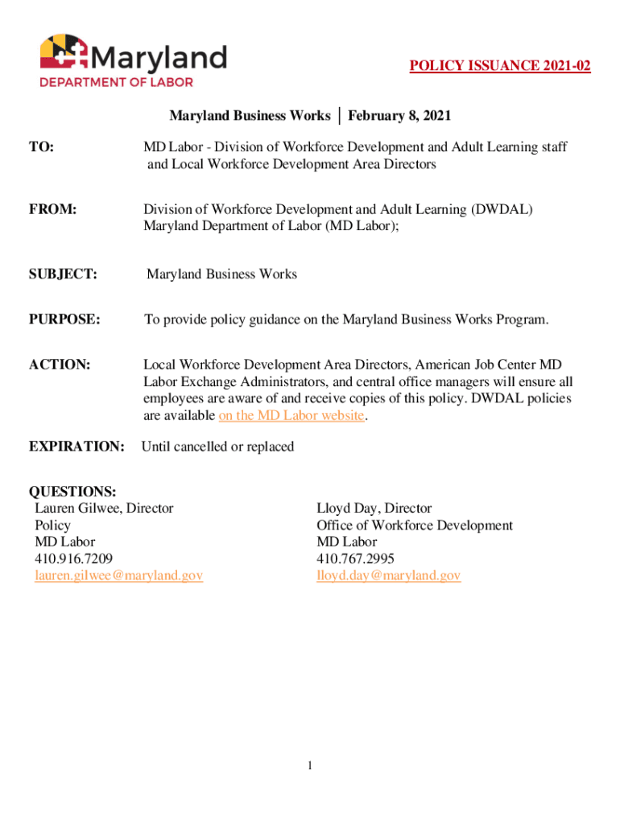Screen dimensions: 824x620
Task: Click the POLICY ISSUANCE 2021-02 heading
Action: coord(500,66)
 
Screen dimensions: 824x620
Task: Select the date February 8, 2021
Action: coord(399,116)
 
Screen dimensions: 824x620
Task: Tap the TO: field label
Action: coord(42,147)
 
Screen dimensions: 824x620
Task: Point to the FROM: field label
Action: coord(53,209)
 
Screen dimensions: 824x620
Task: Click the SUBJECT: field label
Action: coord(63,274)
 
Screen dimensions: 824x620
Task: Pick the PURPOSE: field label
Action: coord(64,319)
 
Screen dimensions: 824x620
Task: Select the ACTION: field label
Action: coord(59,365)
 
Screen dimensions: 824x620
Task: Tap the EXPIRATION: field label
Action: coord(76,446)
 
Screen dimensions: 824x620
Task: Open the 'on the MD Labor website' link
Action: coord(291,416)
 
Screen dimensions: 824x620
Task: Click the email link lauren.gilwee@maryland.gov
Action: coord(118,575)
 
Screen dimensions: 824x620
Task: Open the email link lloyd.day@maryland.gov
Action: coord(388,575)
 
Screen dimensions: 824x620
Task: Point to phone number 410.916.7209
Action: coord(73,558)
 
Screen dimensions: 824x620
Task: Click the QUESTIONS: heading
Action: coord(72,492)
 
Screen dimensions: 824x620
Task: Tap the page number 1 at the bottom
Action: coord(309,765)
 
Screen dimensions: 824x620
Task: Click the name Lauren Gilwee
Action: coord(76,509)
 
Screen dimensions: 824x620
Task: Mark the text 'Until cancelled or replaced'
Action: coord(217,446)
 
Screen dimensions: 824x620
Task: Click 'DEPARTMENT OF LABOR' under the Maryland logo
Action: coord(117,81)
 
